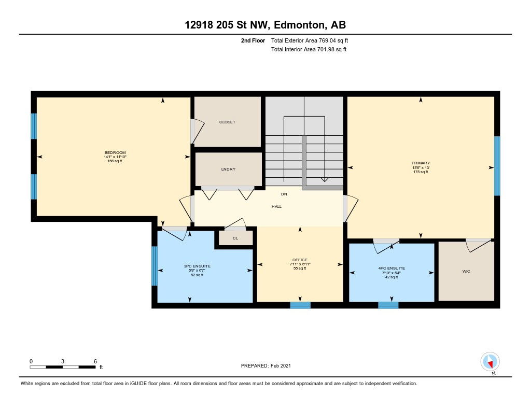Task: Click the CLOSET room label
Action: click(x=227, y=122)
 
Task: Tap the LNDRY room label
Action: click(x=228, y=169)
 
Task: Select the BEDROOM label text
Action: click(x=115, y=153)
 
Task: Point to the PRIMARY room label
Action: click(x=421, y=163)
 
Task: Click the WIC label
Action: click(x=466, y=271)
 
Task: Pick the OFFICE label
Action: click(x=300, y=260)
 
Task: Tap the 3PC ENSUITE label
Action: click(x=197, y=266)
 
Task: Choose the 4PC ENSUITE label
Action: click(x=392, y=268)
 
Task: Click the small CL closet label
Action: click(x=235, y=238)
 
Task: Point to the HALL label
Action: click(x=276, y=206)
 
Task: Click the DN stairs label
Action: click(x=284, y=194)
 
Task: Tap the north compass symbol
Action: click(x=490, y=362)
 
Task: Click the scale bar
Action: click(x=63, y=366)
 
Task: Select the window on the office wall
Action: click(x=300, y=305)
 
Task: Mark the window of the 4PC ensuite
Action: click(x=388, y=305)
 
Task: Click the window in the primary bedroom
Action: click(x=497, y=166)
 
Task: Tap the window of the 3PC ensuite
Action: click(x=155, y=266)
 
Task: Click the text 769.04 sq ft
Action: click(x=333, y=40)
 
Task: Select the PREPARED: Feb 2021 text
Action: click(x=266, y=365)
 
